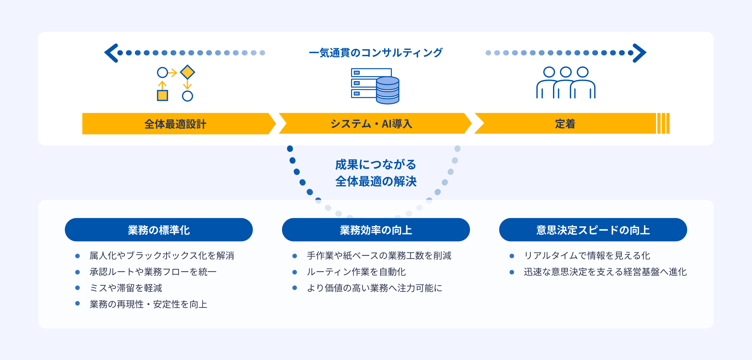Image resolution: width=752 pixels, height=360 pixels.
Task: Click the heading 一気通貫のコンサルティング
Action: click(x=375, y=53)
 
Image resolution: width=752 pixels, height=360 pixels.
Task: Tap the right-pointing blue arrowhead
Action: click(x=640, y=53)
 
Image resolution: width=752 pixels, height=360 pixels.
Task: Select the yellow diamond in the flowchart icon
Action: click(x=187, y=72)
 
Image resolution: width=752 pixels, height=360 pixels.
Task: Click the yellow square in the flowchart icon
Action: click(x=162, y=96)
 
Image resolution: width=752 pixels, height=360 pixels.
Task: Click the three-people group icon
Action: click(x=566, y=83)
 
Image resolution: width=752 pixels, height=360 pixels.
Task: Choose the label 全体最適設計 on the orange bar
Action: click(x=175, y=124)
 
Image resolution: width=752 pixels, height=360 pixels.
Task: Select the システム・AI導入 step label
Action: click(x=371, y=124)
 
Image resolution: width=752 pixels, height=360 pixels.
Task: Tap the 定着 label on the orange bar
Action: click(x=565, y=124)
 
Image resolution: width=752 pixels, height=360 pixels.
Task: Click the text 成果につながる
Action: click(x=375, y=165)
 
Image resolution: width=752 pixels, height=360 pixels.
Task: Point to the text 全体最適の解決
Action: click(x=376, y=181)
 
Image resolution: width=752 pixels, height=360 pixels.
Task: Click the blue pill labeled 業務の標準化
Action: click(x=159, y=230)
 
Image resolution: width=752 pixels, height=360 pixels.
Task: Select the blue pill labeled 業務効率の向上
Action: click(x=376, y=230)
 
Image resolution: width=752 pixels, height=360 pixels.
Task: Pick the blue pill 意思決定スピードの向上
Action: click(x=593, y=230)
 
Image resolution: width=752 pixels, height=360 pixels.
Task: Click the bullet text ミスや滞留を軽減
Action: click(x=126, y=288)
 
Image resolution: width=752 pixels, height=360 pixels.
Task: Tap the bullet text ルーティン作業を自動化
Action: click(x=356, y=272)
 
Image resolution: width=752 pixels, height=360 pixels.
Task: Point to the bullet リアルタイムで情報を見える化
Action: click(x=587, y=256)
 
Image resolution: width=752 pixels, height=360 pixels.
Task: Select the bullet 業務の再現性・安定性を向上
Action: click(x=148, y=304)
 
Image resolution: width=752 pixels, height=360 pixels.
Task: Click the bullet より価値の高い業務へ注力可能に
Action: click(x=374, y=288)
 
